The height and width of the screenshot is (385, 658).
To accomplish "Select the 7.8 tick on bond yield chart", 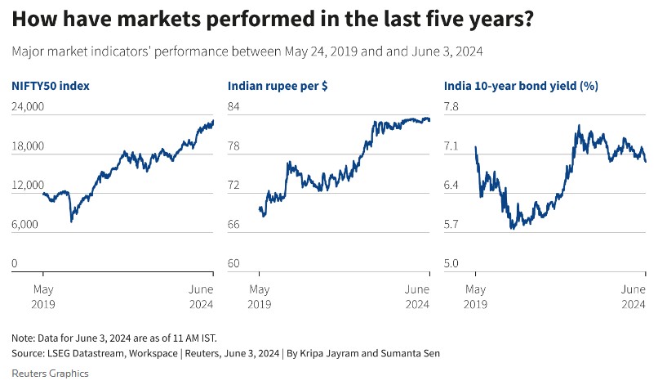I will (451, 107).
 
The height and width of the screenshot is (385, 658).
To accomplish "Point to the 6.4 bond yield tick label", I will (451, 186).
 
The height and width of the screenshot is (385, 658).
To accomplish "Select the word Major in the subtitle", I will (29, 51).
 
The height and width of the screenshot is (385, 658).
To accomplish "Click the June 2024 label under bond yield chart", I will (633, 297).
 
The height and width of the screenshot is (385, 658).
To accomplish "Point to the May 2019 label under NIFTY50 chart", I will (43, 297).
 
